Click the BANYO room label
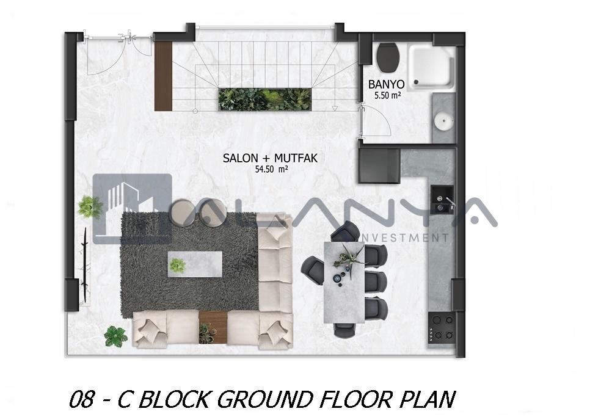click(x=386, y=84)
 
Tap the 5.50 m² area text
click(x=387, y=95)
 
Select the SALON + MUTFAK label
click(x=270, y=158)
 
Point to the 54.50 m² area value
click(x=271, y=170)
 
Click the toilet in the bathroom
click(x=388, y=57)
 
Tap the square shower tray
click(x=432, y=68)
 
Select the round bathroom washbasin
click(x=444, y=121)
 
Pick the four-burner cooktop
click(x=442, y=327)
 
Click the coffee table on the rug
click(x=195, y=264)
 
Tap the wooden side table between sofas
click(x=213, y=327)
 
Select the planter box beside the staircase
click(x=265, y=100)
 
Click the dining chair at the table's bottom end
click(x=346, y=330)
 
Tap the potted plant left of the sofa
click(x=115, y=336)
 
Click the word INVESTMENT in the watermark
click(x=404, y=238)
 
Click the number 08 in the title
click(x=81, y=399)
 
